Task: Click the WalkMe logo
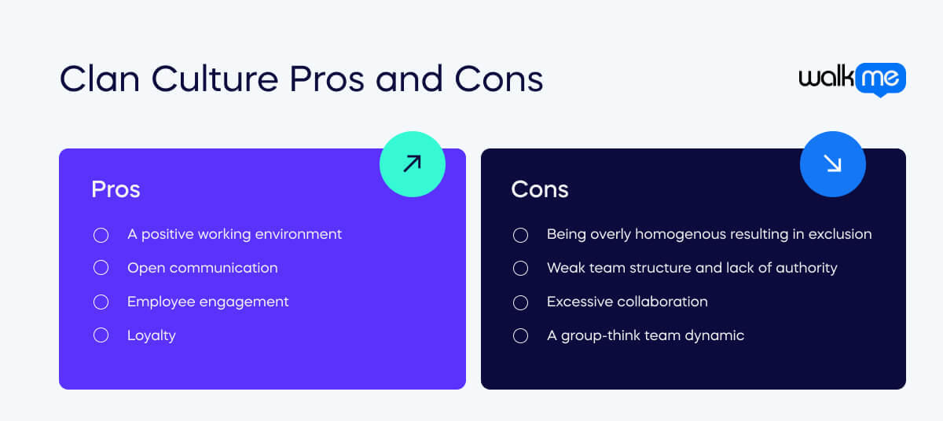tap(853, 79)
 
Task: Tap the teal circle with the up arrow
tap(413, 164)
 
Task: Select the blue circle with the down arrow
tap(833, 164)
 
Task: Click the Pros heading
tap(116, 189)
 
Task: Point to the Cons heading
tap(540, 189)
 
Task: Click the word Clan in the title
tap(100, 79)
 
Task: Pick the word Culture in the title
tap(215, 79)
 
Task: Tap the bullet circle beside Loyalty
tap(101, 335)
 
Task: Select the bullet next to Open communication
tap(101, 268)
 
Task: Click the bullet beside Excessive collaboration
tap(520, 302)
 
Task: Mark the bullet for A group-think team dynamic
tap(520, 335)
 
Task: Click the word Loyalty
tap(152, 335)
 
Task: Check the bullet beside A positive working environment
tap(101, 235)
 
